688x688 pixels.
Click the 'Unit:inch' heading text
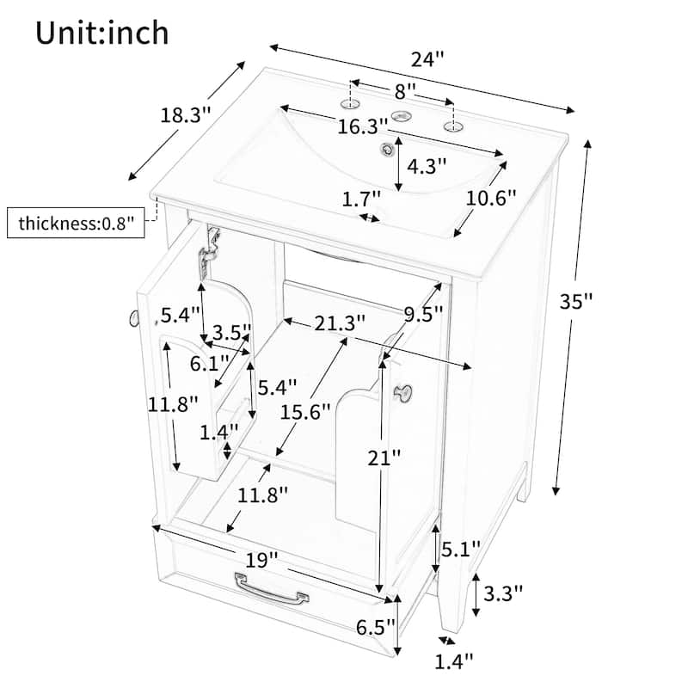[x=101, y=33]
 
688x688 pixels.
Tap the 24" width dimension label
[x=427, y=59]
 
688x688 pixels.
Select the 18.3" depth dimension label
[x=186, y=116]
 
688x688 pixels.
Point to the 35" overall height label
[x=575, y=302]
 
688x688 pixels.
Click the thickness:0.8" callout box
[x=76, y=223]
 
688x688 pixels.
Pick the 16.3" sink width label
[x=363, y=127]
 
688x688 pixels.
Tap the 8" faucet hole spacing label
[x=405, y=92]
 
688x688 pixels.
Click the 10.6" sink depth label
[x=491, y=199]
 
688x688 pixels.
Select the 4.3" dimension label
[x=427, y=166]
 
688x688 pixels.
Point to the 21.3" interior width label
[x=340, y=324]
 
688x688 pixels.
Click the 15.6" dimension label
[x=305, y=412]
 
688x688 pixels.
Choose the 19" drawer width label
[x=261, y=561]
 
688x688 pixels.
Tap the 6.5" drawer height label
[x=376, y=628]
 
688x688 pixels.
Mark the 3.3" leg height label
[x=503, y=593]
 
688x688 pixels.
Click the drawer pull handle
[x=272, y=589]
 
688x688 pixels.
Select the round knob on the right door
[x=402, y=391]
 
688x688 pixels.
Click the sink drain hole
[x=387, y=150]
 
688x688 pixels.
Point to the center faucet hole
[x=402, y=116]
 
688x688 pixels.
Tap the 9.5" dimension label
[x=423, y=314]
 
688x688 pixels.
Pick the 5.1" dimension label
[x=461, y=549]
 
